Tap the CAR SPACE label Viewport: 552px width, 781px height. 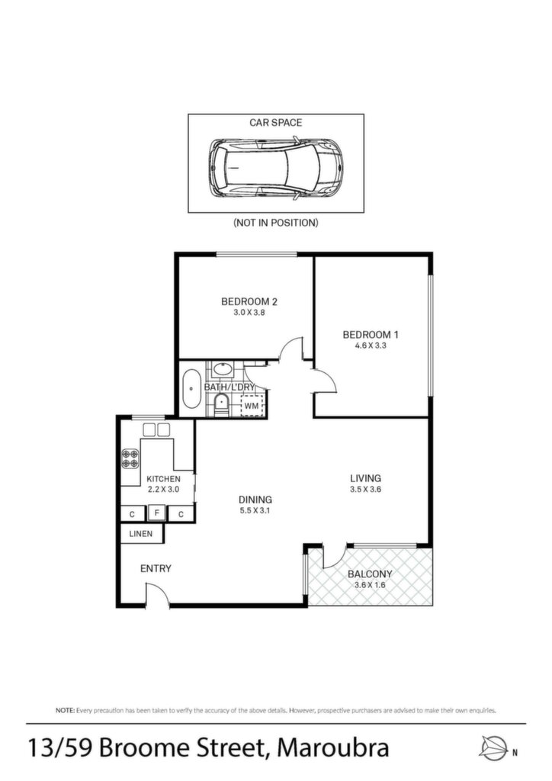click(276, 123)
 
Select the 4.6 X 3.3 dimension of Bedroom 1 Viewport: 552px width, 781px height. click(371, 346)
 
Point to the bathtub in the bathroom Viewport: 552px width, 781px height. click(191, 388)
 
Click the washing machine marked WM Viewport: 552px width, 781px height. click(252, 406)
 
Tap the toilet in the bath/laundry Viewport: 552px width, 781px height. click(220, 404)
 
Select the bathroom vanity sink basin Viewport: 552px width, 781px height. click(222, 370)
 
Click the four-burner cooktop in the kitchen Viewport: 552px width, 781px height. click(130, 458)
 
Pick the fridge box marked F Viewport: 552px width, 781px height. click(157, 512)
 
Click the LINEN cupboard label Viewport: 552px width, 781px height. click(141, 533)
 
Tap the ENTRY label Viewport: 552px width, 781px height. click(156, 568)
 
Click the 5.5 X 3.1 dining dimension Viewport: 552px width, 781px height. click(255, 510)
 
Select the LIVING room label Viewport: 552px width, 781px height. click(365, 478)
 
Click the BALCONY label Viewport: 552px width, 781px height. click(370, 574)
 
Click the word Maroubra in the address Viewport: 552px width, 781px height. click(333, 748)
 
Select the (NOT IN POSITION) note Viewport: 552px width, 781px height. click(276, 223)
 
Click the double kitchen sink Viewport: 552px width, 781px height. click(157, 429)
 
